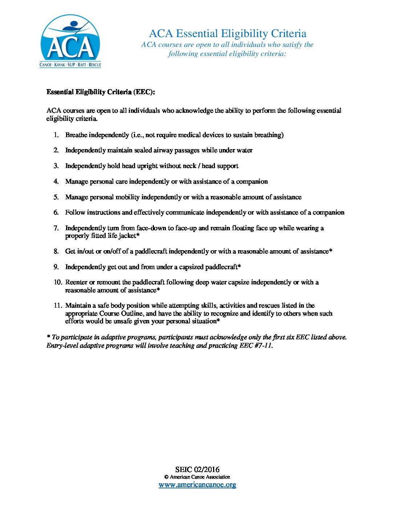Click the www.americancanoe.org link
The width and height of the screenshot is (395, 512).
197,484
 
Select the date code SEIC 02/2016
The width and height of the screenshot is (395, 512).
197,469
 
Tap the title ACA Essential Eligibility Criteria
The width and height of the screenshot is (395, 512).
228,33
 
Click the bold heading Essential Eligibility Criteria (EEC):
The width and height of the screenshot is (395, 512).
101,92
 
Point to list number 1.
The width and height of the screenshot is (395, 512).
56,135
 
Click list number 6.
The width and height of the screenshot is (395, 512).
56,212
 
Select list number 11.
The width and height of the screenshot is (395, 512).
58,305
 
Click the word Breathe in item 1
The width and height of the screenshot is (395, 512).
76,135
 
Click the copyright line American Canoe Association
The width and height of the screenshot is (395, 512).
200,477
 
